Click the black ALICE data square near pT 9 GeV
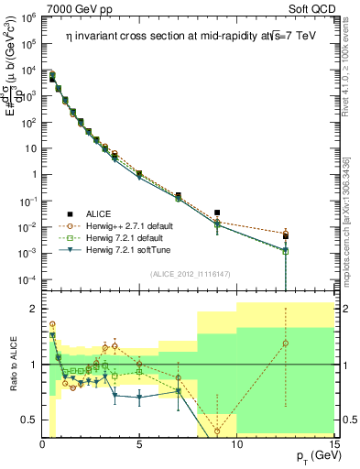pos(217,213)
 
